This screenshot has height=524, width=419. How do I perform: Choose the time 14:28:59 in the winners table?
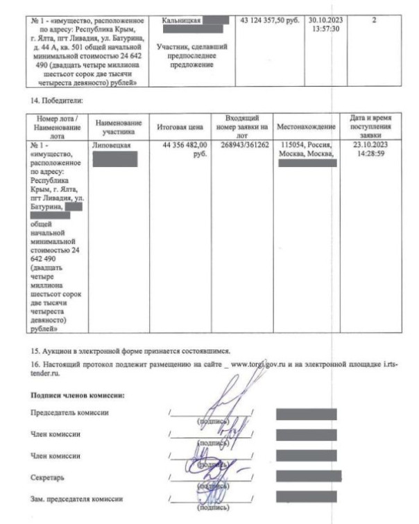point(372,155)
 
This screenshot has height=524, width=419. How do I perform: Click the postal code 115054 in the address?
point(292,146)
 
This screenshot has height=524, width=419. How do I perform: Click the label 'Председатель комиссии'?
point(69,413)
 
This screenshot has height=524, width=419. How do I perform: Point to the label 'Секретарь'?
point(46,478)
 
